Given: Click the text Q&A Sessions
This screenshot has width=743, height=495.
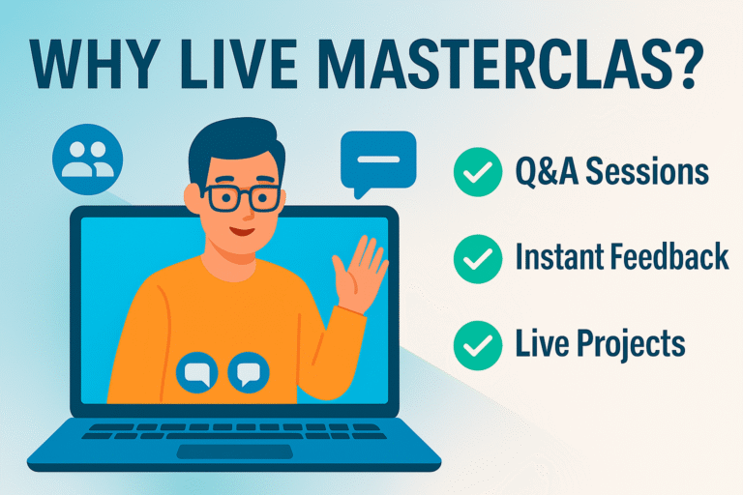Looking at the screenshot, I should point(611,173).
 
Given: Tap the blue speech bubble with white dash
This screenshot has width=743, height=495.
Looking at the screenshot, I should point(377,160).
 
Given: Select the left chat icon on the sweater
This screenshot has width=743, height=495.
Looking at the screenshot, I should point(197,372).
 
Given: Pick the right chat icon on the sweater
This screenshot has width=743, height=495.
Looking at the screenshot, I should point(248,372).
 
